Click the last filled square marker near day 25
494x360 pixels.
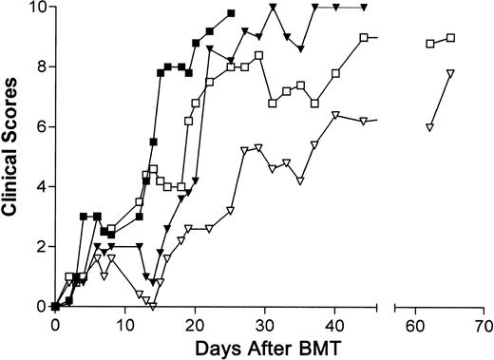[231, 13]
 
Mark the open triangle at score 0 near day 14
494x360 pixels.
[152, 306]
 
